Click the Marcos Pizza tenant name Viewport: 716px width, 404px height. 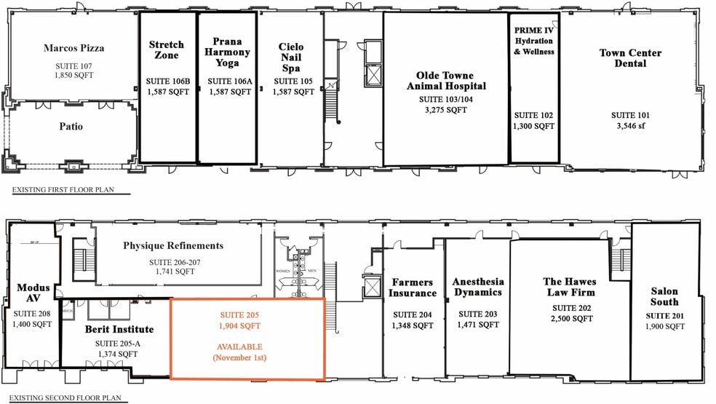pyautogui.click(x=73, y=49)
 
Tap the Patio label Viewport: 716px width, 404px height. pyautogui.click(x=71, y=127)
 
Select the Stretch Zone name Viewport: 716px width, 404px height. pyautogui.click(x=167, y=50)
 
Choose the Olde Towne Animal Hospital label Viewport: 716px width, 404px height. pyautogui.click(x=445, y=81)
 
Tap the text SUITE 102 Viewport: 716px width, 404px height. pyautogui.click(x=534, y=116)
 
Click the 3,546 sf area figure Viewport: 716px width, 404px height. pyautogui.click(x=630, y=126)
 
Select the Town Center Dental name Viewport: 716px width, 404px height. pyautogui.click(x=630, y=58)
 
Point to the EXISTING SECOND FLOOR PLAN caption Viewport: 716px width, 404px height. pyautogui.click(x=75, y=398)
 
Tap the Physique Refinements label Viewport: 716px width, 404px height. pyautogui.click(x=173, y=245)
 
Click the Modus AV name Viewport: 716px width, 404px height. pyautogui.click(x=33, y=293)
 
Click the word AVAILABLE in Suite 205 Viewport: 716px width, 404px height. pyautogui.click(x=239, y=347)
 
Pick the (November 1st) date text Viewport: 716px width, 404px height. pyautogui.click(x=239, y=358)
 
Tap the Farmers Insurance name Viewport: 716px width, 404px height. pyautogui.click(x=413, y=288)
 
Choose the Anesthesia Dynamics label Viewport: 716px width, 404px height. pyautogui.click(x=478, y=287)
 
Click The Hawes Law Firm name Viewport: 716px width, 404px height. pyautogui.click(x=569, y=287)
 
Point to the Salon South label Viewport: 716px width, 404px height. pyautogui.click(x=664, y=296)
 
